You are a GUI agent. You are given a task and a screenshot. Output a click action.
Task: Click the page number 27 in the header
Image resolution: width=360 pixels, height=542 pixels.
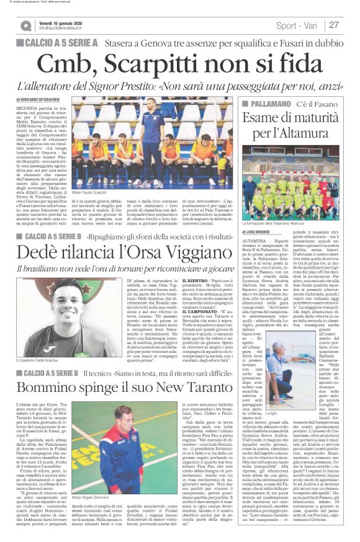click(x=334, y=25)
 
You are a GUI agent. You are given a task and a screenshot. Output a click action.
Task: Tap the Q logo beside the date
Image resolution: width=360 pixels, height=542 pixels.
click(x=26, y=25)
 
